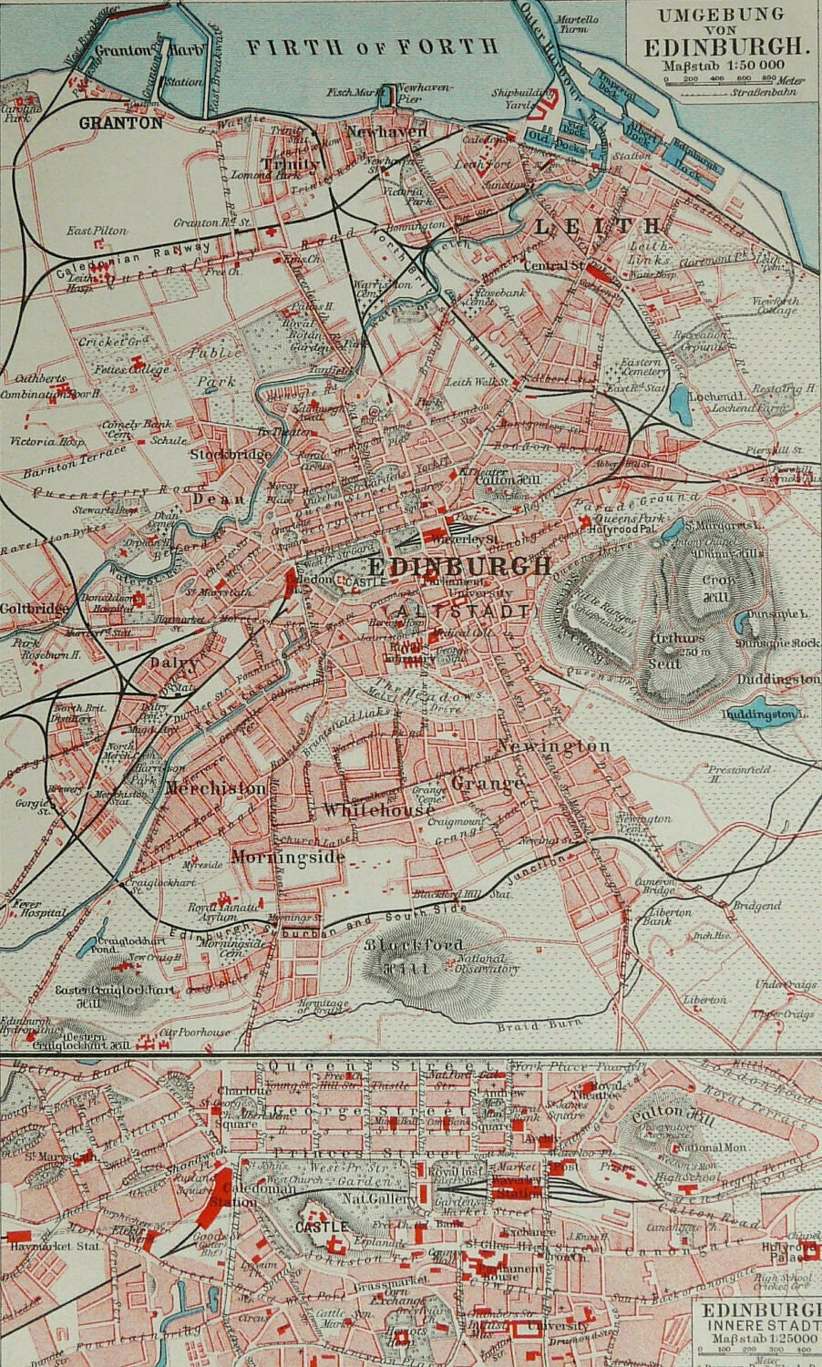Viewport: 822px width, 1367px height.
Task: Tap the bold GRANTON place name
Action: pyautogui.click(x=120, y=122)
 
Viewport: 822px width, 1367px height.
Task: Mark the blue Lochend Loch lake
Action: pyautogui.click(x=679, y=399)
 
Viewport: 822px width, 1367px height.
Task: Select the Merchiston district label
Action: pyautogui.click(x=216, y=787)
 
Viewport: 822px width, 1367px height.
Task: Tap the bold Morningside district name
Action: pyautogui.click(x=287, y=857)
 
